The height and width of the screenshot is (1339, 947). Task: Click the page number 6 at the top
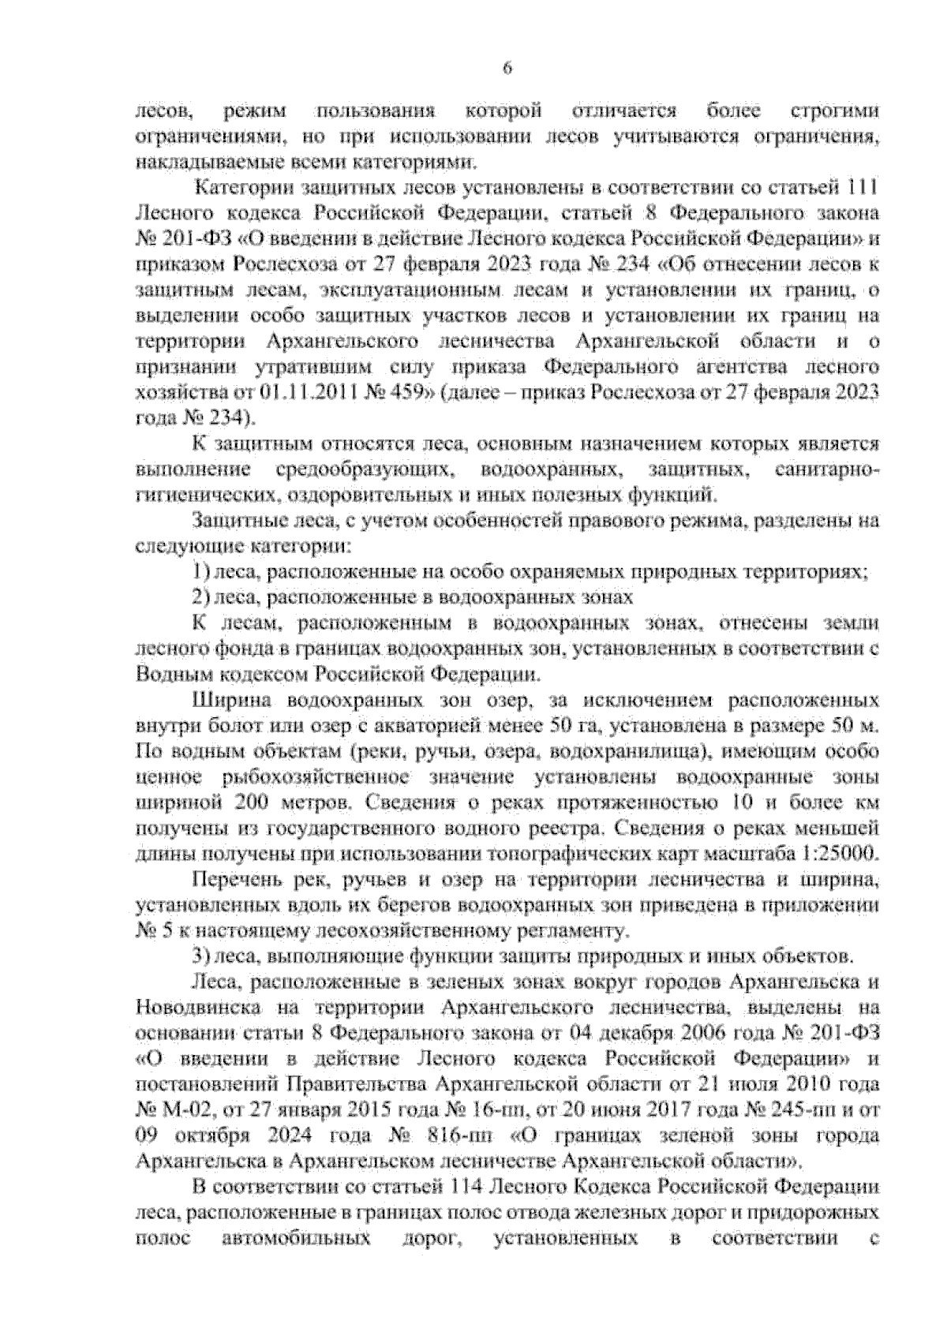pyautogui.click(x=507, y=69)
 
